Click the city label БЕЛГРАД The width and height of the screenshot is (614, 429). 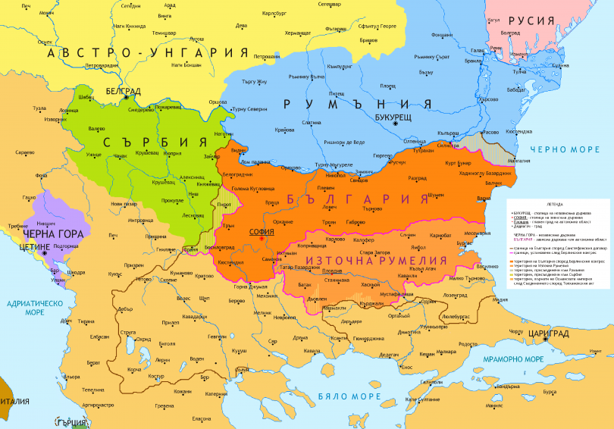(122, 90)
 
